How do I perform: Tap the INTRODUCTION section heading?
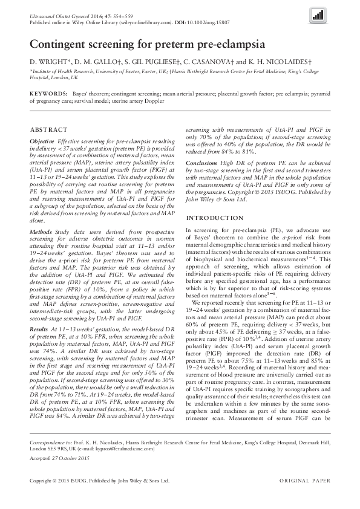pyautogui.click(x=214, y=218)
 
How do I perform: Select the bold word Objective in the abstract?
pyautogui.click(x=42, y=140)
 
